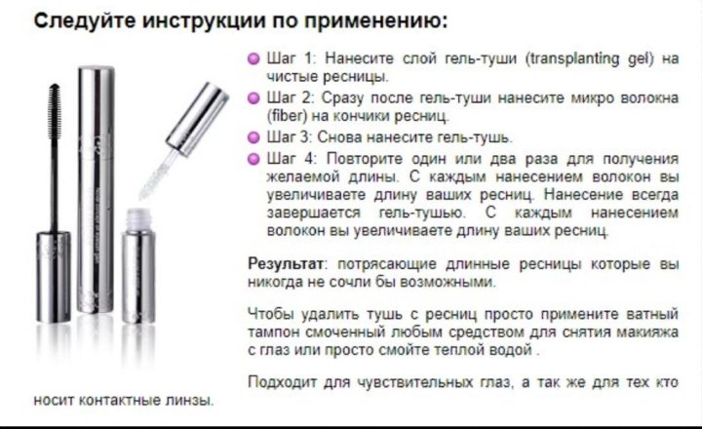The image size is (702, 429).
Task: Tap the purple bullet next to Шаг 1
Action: point(253,59)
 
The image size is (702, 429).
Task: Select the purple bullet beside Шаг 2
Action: point(253,98)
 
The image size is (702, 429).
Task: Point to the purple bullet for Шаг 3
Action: point(253,137)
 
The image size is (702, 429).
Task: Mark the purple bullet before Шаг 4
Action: point(253,159)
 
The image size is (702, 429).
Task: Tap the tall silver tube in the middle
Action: point(96,189)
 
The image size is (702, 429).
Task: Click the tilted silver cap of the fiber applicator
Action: point(197,119)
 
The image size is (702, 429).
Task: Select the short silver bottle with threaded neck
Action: point(138,266)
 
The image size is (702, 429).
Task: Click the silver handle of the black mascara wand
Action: point(54,276)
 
